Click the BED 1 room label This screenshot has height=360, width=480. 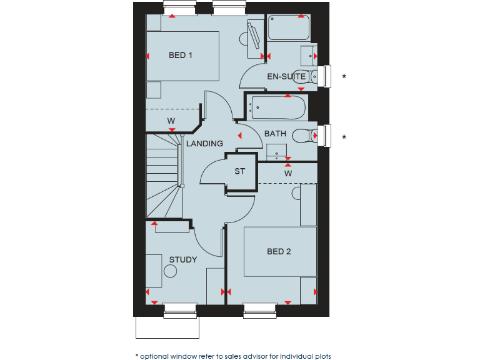(x=181, y=56)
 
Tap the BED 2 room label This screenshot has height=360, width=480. (x=279, y=252)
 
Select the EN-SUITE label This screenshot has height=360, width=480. (x=286, y=77)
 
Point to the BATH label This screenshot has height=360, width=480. (x=275, y=134)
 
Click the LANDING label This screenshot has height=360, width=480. (x=204, y=144)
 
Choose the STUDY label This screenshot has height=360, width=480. (x=183, y=260)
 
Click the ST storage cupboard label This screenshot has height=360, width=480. (x=240, y=171)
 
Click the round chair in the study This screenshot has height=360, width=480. (x=170, y=272)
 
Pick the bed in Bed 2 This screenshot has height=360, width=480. (x=279, y=251)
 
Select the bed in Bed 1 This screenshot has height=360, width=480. (x=182, y=56)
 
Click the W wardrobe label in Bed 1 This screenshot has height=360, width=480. (x=171, y=120)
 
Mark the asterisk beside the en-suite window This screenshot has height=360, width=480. (x=343, y=77)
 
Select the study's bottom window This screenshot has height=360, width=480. (x=180, y=306)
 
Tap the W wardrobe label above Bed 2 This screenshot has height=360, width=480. (x=288, y=173)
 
